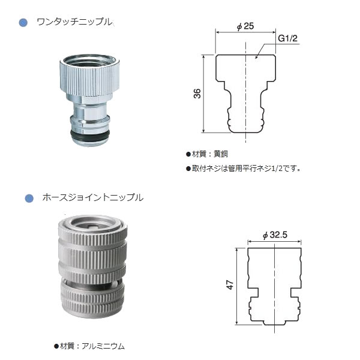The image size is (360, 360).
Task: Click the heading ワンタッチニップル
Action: [74, 22]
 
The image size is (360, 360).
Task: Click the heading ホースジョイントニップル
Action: [92, 197]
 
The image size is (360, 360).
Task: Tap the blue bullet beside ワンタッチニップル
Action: [23, 23]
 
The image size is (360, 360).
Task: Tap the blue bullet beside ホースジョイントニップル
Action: [29, 197]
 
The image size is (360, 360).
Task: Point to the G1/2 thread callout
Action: [287, 38]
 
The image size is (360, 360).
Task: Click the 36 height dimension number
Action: [197, 93]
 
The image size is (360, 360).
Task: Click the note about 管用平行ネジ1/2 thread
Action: [242, 169]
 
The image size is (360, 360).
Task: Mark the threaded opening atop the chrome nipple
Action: [89, 59]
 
